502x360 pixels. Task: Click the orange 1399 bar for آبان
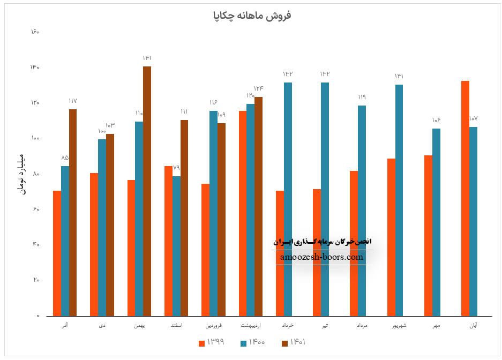[x=465, y=198]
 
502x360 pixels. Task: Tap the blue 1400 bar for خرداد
[x=288, y=199]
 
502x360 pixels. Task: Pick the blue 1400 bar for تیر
[x=325, y=199]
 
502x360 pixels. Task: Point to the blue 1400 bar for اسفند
[x=176, y=246]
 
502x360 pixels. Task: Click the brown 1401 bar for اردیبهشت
[x=259, y=206]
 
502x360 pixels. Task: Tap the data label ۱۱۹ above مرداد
[x=362, y=97]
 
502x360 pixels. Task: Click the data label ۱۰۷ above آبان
[x=473, y=118]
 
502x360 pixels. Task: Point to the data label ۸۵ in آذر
[x=65, y=157]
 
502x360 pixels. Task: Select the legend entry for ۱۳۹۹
[x=211, y=343]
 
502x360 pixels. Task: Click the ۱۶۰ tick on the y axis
[x=35, y=32]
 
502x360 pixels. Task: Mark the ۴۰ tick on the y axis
[x=36, y=244]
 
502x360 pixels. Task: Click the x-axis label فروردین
[x=213, y=325]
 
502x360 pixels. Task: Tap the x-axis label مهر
[x=437, y=325]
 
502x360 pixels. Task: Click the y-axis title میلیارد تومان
[x=22, y=175]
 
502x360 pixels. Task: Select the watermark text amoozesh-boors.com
[x=321, y=257]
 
